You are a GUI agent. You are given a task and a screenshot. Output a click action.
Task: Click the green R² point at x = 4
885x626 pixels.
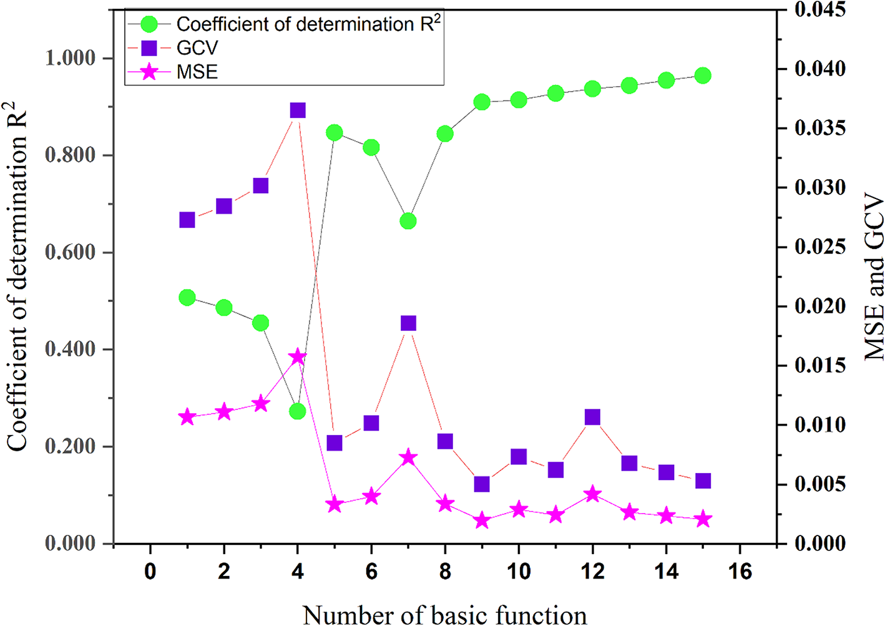click(x=298, y=411)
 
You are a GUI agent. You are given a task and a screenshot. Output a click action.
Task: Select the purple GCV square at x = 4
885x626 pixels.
click(x=298, y=110)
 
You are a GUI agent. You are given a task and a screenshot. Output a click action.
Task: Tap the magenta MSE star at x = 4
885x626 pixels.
click(x=298, y=357)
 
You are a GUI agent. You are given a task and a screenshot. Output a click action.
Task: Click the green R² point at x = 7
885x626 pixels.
click(x=408, y=221)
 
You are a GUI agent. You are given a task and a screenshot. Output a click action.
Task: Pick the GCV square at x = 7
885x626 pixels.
click(x=408, y=323)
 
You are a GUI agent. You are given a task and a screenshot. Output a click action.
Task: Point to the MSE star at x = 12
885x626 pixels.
click(x=592, y=495)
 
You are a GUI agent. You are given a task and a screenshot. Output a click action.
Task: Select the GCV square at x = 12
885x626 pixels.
click(x=592, y=417)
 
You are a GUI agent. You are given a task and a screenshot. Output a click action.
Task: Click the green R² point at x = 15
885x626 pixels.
click(x=703, y=76)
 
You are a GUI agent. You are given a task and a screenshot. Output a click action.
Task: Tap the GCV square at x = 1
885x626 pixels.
click(x=187, y=220)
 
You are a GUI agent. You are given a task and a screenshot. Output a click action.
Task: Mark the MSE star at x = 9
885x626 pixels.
click(x=482, y=521)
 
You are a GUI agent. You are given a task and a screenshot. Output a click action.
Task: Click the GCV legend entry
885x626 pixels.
click(x=197, y=48)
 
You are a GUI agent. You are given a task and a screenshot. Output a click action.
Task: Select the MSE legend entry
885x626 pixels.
click(x=197, y=72)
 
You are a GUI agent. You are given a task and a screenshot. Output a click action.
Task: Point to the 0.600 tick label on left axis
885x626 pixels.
click(x=70, y=252)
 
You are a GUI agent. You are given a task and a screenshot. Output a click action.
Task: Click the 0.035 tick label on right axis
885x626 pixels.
click(x=820, y=128)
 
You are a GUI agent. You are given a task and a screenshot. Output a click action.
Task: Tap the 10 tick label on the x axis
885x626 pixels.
click(x=519, y=570)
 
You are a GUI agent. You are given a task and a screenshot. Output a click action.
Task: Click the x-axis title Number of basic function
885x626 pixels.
click(x=444, y=614)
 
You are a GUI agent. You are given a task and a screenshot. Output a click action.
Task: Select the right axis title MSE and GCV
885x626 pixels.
click(x=874, y=278)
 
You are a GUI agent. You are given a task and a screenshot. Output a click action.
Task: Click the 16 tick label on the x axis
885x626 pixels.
click(x=740, y=570)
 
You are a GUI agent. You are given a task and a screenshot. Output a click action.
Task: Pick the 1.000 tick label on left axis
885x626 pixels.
click(x=70, y=58)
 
